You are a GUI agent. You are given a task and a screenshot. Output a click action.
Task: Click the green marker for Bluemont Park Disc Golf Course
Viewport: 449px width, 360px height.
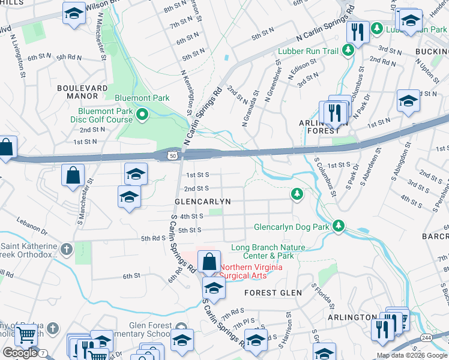142,115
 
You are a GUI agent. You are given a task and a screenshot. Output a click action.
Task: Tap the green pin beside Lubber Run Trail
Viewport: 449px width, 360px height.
346,52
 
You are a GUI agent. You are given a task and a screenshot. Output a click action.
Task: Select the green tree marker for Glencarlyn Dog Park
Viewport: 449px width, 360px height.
339,226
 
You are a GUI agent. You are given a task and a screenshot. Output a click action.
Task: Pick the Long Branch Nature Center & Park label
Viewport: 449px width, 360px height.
268,251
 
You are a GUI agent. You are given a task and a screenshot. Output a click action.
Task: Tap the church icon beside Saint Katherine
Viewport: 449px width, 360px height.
66,248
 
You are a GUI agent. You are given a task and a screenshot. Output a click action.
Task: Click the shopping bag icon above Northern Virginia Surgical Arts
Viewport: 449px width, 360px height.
208,262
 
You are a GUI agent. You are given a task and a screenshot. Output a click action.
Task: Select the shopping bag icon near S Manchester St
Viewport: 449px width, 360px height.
73,176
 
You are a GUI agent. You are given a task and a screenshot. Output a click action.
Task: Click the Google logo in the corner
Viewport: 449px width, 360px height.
19,353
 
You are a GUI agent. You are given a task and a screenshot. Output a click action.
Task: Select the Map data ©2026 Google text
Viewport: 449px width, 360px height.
412,355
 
